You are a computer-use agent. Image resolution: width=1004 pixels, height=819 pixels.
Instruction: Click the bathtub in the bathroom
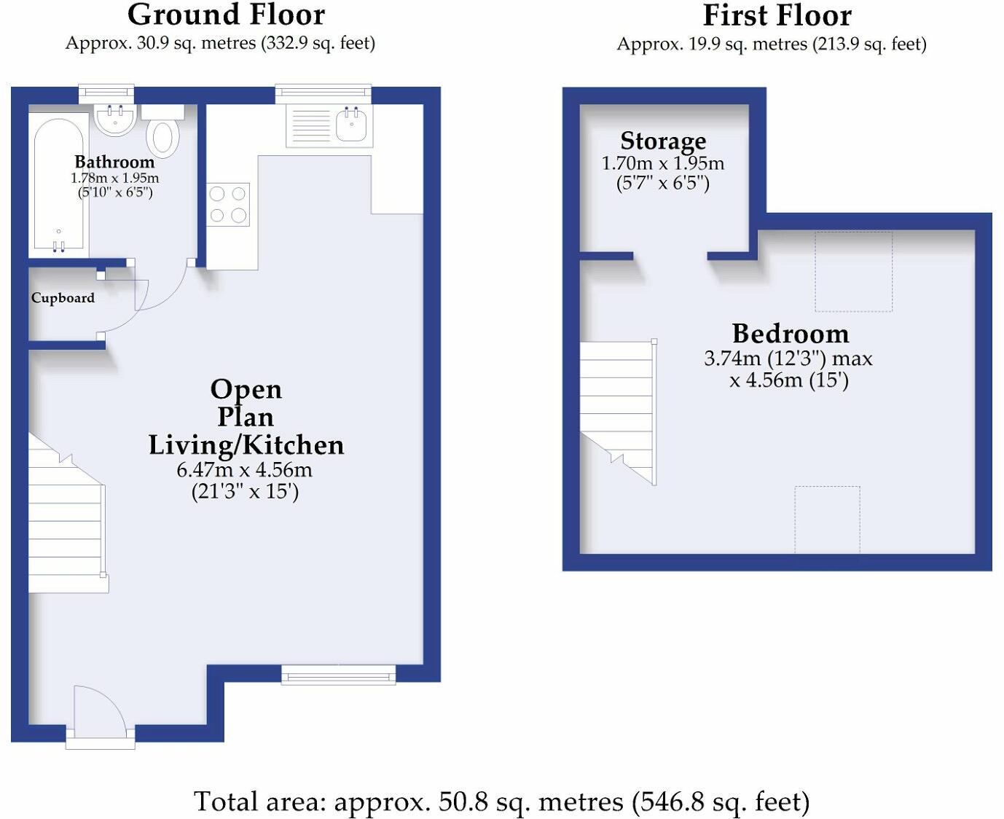58,185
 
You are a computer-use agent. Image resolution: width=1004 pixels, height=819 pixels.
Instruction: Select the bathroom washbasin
115,119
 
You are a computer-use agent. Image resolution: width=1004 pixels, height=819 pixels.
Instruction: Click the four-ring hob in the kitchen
227,204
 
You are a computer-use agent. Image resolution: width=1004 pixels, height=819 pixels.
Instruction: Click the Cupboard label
63,297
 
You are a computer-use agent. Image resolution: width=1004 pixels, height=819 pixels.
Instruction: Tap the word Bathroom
114,162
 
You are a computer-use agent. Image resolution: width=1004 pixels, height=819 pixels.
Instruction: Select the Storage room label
663,141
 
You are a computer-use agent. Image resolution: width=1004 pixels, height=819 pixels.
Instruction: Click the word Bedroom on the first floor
791,334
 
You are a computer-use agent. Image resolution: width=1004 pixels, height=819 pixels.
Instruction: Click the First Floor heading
777,16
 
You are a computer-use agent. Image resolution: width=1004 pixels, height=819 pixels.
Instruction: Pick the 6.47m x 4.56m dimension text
244,471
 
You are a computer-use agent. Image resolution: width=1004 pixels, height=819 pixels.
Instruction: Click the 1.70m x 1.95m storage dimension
663,164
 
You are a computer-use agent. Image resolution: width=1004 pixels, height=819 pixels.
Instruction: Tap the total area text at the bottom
501,802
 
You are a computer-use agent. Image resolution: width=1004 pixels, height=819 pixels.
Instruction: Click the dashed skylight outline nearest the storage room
854,271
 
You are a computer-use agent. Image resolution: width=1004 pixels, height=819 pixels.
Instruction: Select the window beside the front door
338,675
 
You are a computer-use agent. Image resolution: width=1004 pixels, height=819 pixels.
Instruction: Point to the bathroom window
106,94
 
